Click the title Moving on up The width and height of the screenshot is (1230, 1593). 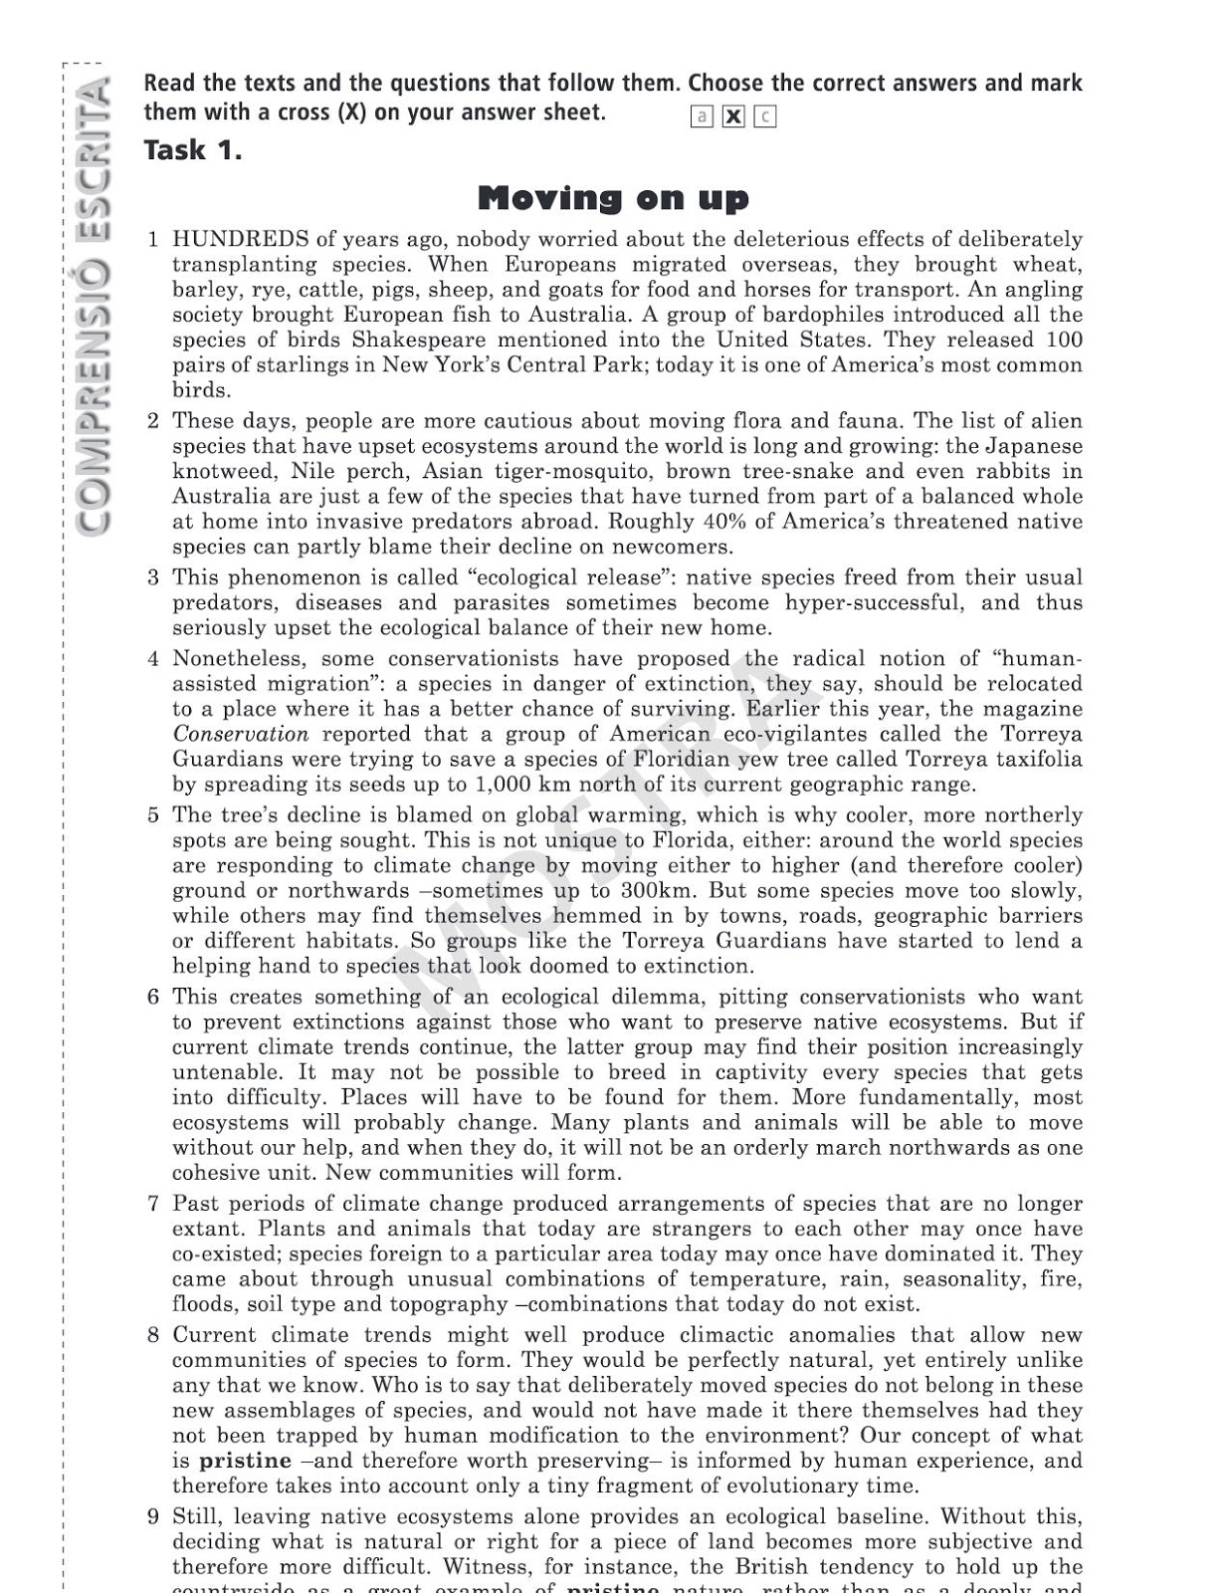613,198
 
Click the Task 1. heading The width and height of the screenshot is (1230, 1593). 192,150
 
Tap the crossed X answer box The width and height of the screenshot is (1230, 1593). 733,116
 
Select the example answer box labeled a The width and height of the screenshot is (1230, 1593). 702,116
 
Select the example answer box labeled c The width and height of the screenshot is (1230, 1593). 764,116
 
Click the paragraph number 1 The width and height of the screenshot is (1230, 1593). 152,239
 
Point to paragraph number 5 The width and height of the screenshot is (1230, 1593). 152,815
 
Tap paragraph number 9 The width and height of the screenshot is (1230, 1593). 152,1516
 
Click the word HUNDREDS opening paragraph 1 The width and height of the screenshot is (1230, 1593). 240,239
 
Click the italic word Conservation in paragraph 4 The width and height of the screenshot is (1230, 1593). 240,735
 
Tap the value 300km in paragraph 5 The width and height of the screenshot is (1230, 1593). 653,891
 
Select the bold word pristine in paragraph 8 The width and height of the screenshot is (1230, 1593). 245,1461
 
